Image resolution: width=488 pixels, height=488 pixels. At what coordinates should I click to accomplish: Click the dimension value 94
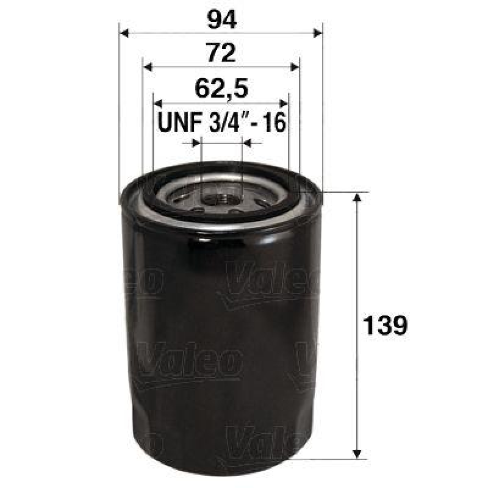pyautogui.click(x=221, y=20)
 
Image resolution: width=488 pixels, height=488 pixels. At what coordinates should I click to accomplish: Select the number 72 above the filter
pyautogui.click(x=221, y=54)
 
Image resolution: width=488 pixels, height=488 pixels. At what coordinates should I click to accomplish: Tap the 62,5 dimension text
pyautogui.click(x=221, y=90)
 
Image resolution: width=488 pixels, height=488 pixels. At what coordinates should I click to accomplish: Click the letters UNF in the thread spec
pyautogui.click(x=177, y=122)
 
